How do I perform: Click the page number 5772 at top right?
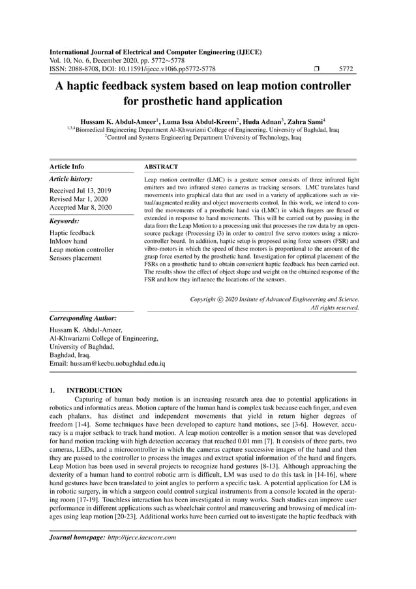pos(346,68)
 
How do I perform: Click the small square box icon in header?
pos(316,68)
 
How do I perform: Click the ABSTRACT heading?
pos(161,167)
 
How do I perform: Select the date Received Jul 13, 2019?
pos(80,190)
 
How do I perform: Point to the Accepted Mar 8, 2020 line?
pos(80,208)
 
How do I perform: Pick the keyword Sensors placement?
pos(76,258)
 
